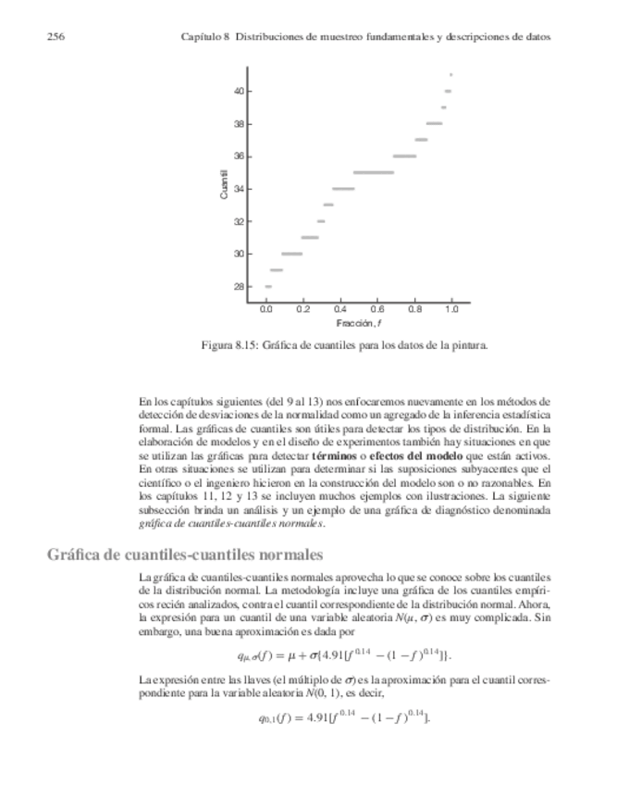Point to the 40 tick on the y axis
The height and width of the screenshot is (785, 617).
click(239, 91)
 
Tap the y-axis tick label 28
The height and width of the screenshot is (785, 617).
click(239, 286)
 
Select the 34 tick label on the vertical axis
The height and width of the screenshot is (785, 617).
click(239, 189)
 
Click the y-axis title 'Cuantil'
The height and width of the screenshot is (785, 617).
click(224, 185)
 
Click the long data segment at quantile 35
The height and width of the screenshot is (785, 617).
click(374, 172)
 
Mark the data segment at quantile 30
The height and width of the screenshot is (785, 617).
click(292, 254)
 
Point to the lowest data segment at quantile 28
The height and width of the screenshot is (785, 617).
click(268, 287)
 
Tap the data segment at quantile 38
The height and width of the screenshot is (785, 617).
click(434, 123)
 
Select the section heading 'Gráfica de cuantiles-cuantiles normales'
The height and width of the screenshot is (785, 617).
click(185, 554)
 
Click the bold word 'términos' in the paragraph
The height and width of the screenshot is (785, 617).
click(337, 457)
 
